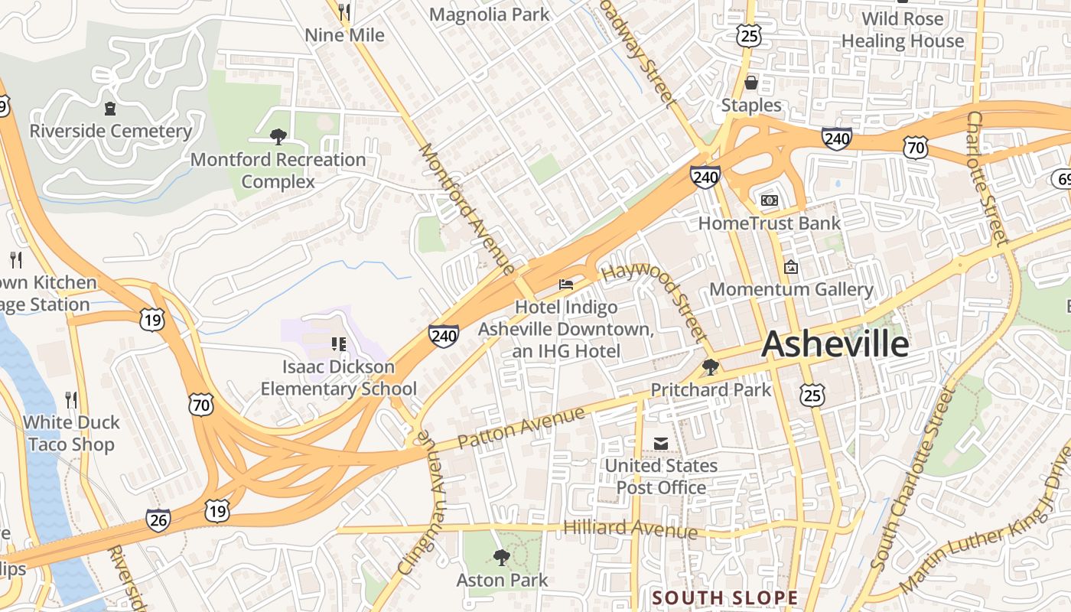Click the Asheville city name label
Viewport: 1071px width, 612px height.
(835, 344)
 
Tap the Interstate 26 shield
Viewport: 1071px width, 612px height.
(158, 520)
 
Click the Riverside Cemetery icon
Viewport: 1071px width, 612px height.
(110, 109)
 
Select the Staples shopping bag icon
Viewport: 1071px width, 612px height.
(751, 83)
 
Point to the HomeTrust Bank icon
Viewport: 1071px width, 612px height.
(769, 200)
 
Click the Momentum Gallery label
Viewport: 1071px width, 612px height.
(791, 289)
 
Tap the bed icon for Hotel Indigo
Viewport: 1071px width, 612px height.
(565, 285)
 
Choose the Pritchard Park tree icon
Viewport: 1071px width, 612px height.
(711, 367)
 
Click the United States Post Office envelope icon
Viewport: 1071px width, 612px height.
(661, 444)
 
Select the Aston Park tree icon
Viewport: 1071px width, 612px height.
(502, 557)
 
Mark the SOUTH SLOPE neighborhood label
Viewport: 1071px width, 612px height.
(724, 597)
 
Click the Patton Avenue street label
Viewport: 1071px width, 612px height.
(521, 429)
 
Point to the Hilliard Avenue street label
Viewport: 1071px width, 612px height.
(630, 528)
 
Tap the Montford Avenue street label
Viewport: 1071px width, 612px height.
(467, 208)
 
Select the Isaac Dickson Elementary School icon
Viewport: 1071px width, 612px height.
(338, 344)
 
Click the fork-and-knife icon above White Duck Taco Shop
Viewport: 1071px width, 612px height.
(71, 399)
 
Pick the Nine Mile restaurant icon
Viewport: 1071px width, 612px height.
(344, 12)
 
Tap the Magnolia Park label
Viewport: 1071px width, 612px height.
(489, 14)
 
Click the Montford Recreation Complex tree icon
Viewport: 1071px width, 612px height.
(278, 137)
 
